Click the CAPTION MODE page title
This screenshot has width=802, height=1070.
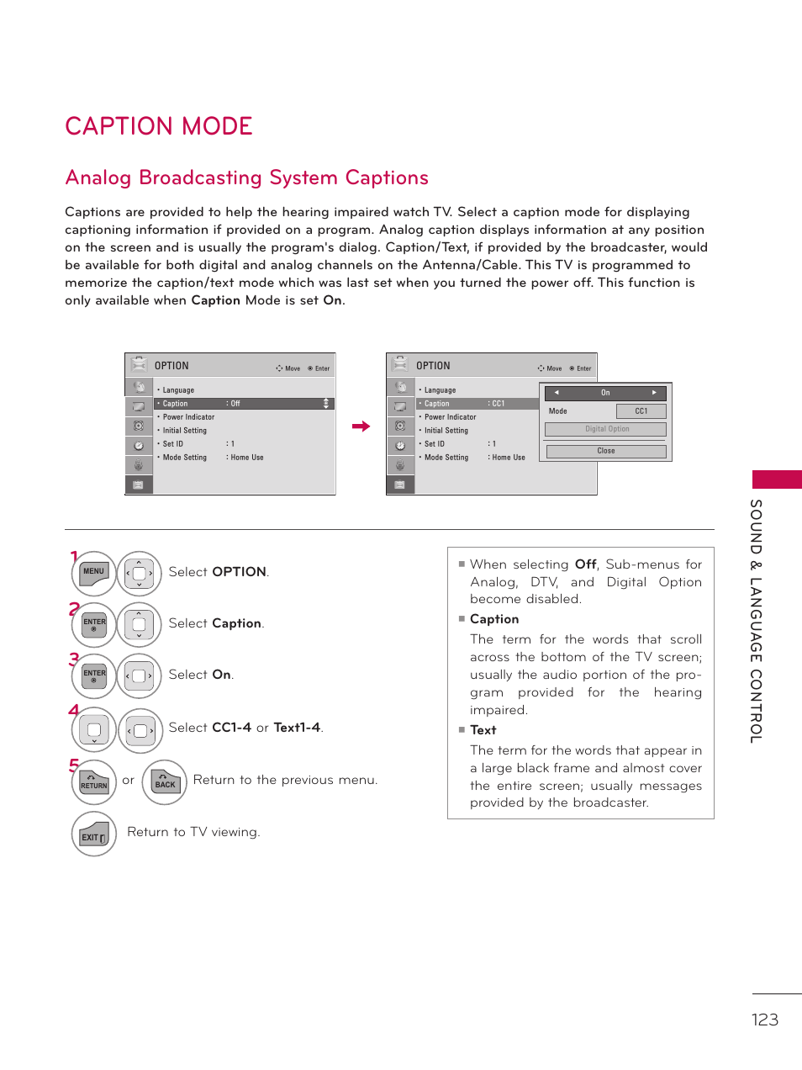point(159,126)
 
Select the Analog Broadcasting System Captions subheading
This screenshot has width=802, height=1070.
point(246,178)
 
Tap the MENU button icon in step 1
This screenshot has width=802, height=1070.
point(94,573)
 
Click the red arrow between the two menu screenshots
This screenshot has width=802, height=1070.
point(361,426)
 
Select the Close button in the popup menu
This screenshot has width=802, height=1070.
point(605,452)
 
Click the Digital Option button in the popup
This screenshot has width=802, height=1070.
point(605,430)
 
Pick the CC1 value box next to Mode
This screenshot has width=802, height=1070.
point(641,411)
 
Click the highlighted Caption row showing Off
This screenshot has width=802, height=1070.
point(244,404)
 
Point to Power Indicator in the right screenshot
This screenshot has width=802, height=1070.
point(450,417)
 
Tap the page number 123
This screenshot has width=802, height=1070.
point(764,1020)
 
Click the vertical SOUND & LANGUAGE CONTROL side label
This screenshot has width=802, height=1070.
point(756,621)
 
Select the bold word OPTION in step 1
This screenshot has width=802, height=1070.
point(239,572)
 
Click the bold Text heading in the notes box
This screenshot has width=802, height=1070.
point(483,730)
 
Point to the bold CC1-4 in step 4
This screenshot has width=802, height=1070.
point(231,728)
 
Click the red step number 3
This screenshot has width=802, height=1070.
point(74,659)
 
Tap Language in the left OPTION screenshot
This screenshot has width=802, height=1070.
point(178,390)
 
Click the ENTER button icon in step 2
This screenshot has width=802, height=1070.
point(94,624)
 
